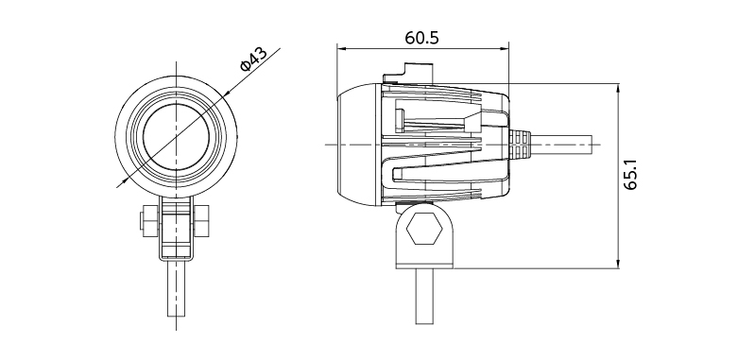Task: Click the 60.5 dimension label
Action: (x=421, y=38)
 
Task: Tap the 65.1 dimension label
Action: (x=630, y=174)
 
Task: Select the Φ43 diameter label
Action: (x=253, y=59)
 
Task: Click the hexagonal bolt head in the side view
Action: (x=424, y=228)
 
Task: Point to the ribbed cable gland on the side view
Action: (x=520, y=144)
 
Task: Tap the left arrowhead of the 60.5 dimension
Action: (x=342, y=48)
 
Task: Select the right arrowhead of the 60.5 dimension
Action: (x=505, y=48)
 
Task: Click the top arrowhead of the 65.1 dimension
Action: (x=618, y=88)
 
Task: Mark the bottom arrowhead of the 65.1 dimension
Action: (x=618, y=264)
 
